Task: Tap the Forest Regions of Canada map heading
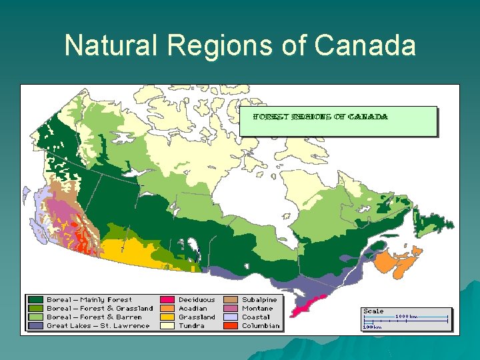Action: click(x=320, y=117)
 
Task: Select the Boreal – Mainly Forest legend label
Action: click(x=89, y=300)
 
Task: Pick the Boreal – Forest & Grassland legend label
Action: click(x=99, y=309)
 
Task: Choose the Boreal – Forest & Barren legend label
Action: click(x=94, y=317)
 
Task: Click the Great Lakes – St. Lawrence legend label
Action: click(x=98, y=326)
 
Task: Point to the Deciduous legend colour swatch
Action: click(x=168, y=300)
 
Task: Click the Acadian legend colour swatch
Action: click(x=168, y=309)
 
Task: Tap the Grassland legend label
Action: click(x=197, y=317)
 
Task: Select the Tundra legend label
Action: click(x=191, y=326)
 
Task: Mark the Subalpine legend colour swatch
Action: click(x=231, y=300)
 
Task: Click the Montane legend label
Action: click(x=257, y=309)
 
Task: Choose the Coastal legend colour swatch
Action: click(x=231, y=317)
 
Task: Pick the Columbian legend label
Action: click(x=261, y=326)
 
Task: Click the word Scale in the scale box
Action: click(x=373, y=311)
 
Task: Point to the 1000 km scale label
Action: click(x=406, y=317)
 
